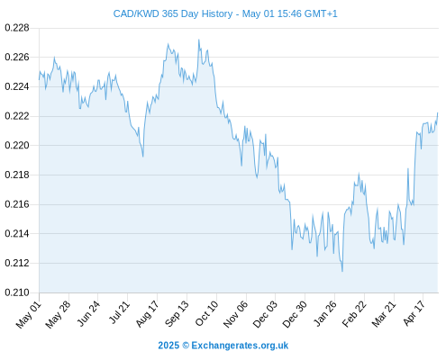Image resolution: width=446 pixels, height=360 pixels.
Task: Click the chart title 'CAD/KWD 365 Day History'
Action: (x=173, y=13)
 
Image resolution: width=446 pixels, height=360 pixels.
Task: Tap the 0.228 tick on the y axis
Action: (x=17, y=28)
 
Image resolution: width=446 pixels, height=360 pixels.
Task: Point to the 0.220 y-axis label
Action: (x=17, y=146)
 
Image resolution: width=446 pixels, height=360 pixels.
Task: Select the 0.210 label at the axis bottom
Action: (x=17, y=292)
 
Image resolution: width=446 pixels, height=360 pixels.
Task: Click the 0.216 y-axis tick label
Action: (x=17, y=204)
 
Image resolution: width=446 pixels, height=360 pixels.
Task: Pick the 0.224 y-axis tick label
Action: (x=17, y=86)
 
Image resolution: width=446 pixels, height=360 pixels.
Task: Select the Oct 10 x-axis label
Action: (x=207, y=313)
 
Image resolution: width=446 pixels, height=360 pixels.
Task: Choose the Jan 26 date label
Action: (x=325, y=313)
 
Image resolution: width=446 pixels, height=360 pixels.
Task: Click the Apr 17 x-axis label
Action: (x=414, y=313)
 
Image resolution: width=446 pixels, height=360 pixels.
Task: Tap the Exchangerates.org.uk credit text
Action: (x=240, y=346)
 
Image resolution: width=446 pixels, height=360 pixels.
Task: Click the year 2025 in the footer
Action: (x=168, y=346)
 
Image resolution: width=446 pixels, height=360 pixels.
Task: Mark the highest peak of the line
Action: (x=199, y=40)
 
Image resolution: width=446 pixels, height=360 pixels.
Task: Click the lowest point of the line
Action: (x=342, y=272)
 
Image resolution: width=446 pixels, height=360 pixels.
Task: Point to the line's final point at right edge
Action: (x=438, y=113)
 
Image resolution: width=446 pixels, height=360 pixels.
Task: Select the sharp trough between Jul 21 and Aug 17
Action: (x=143, y=157)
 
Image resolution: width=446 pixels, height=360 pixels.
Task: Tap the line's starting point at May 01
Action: (x=39, y=79)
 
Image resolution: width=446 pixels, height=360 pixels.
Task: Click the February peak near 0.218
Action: (x=359, y=174)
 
